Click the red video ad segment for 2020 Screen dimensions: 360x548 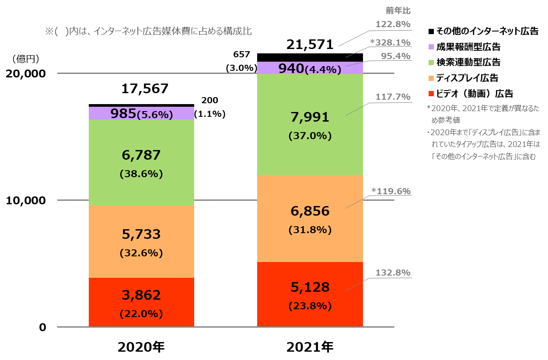141,302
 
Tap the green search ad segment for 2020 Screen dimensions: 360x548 141,162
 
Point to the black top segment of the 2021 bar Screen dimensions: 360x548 310,57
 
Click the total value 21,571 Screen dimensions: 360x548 310,44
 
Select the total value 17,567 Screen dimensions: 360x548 145,89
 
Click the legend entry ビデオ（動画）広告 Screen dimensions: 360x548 474,94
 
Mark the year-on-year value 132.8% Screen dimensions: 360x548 393,273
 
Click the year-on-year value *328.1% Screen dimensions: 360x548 391,42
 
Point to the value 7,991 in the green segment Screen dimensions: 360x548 310,117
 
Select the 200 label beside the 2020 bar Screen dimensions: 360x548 209,101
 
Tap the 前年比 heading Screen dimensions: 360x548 398,10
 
